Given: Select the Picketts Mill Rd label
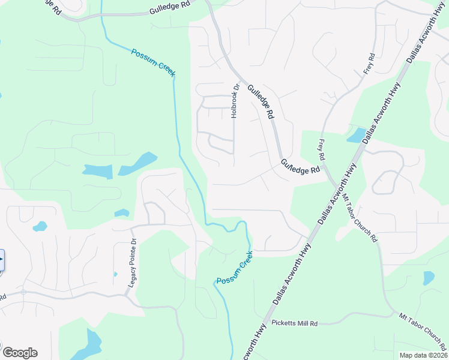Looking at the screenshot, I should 294,323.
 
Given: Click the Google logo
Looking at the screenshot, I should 20,353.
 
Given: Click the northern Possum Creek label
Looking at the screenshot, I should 154,61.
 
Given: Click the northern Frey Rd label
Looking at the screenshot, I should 369,64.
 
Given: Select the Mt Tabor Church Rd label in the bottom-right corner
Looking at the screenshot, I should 423,331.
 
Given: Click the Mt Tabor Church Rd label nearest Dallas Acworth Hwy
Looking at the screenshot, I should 360,217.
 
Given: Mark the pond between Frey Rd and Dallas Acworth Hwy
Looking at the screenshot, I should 357,135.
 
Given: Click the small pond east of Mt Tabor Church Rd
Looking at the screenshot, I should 429,278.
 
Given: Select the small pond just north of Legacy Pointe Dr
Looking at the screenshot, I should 122,212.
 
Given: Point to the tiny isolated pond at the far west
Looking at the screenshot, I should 40,227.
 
